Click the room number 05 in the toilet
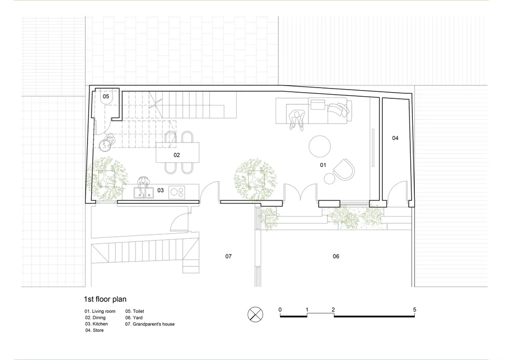point(106,96)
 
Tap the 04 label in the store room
point(395,138)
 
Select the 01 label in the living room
point(323,165)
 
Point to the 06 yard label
point(335,256)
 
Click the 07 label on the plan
point(229,256)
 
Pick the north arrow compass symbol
point(256,314)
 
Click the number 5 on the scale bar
point(414,310)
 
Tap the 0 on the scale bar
point(280,310)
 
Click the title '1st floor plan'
point(105,299)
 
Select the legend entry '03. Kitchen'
point(96,324)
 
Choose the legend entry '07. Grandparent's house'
point(150,324)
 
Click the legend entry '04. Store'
point(95,330)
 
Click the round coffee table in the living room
point(320,147)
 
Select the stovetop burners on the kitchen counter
point(177,192)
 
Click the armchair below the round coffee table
point(344,170)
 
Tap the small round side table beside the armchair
point(329,178)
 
